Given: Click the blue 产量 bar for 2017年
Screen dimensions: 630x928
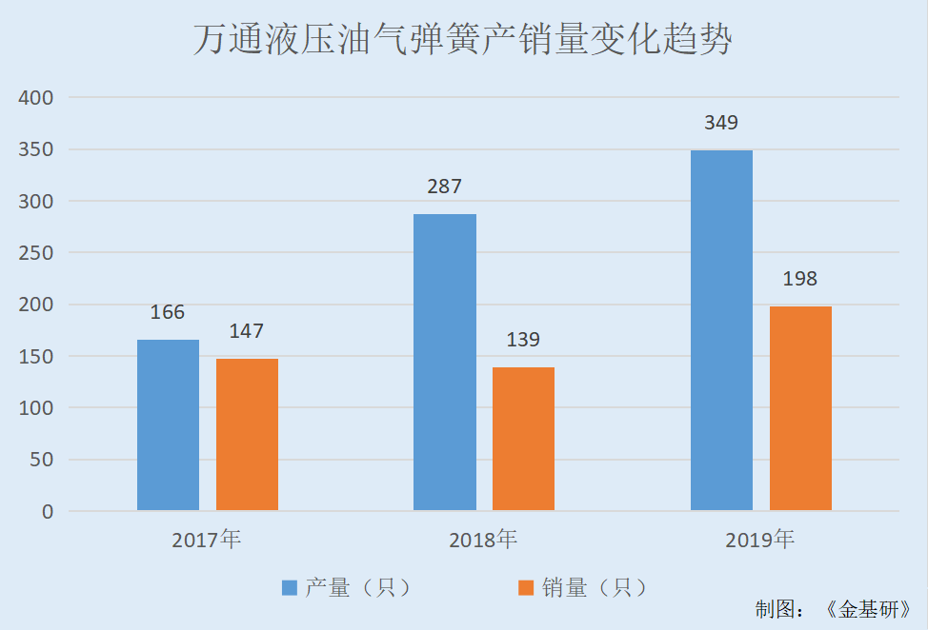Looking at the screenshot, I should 168,424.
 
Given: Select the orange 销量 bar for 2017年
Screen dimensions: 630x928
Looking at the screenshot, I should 247,434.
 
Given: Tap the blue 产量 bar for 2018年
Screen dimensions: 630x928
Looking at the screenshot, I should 444,362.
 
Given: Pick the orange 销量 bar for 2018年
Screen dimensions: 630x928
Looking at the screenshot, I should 523,439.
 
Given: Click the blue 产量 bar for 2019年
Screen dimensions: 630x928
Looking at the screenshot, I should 721,330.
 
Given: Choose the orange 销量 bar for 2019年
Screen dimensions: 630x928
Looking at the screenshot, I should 800,408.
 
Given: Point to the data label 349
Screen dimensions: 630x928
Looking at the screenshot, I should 721,123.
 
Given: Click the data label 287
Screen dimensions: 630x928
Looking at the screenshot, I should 444,187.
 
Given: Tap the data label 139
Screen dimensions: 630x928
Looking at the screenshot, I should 523,340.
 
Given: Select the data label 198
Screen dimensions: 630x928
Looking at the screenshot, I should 800,279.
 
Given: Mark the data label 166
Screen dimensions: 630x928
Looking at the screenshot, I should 168,312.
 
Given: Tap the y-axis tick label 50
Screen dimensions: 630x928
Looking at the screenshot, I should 42,460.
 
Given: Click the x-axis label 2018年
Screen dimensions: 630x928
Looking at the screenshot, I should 483,541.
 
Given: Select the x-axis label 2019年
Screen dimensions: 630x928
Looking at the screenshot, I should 759,541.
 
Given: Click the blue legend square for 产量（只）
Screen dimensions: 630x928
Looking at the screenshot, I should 290,588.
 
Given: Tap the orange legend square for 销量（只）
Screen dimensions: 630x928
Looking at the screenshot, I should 526,588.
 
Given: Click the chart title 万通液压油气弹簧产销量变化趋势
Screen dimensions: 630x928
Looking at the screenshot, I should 463,41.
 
